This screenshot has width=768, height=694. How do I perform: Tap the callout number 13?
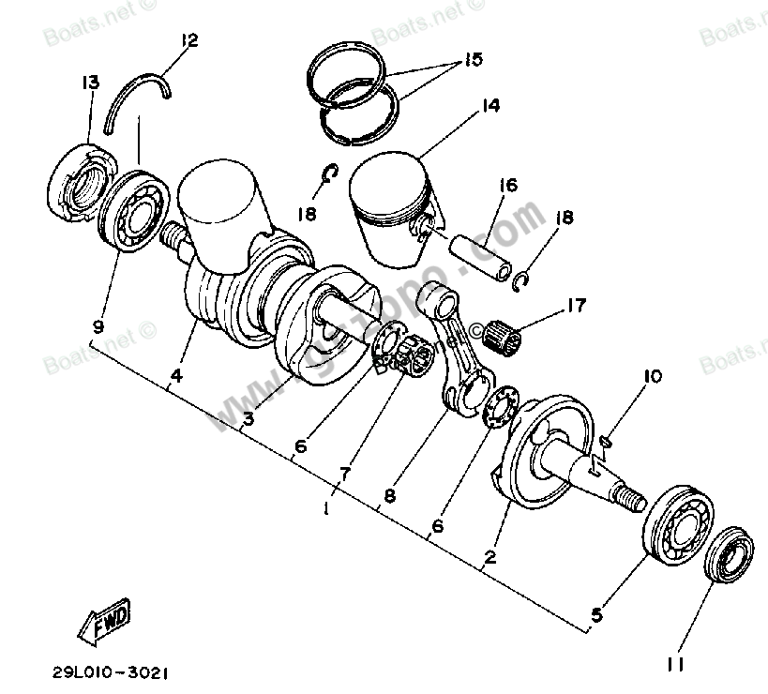click(x=89, y=83)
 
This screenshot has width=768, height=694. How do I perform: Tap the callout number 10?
click(x=652, y=377)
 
